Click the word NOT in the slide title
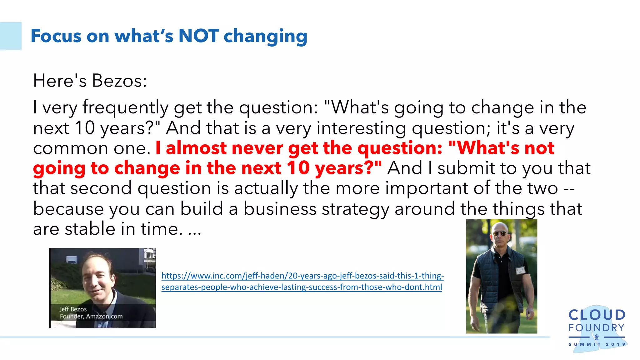pos(198,36)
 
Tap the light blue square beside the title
pos(11,36)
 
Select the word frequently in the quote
pos(126,107)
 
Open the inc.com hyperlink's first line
pos(302,276)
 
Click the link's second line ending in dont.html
pos(302,287)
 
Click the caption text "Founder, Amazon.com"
pos(91,316)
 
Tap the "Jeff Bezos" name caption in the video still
pos(73,309)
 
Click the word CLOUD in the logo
pos(597,315)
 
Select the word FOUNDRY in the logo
pos(596,328)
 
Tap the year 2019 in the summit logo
pos(615,344)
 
